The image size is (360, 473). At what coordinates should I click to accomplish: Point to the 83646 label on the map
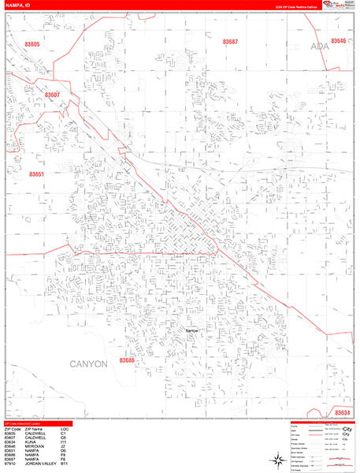tap(339, 41)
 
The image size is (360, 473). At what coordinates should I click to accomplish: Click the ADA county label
tap(320, 47)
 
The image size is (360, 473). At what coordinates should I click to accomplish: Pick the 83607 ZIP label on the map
tap(53, 95)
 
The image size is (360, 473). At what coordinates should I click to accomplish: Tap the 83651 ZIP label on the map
tap(37, 174)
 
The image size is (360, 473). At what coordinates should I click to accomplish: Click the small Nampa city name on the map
tap(191, 330)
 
